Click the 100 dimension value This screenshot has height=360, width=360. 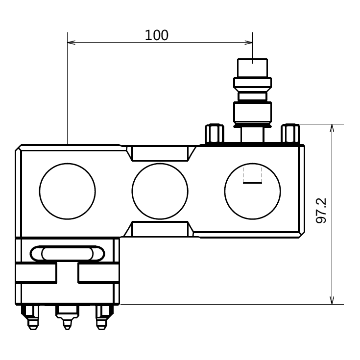pos(157,35)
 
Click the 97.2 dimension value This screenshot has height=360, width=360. pos(321,211)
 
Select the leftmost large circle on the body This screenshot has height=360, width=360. pos(67,191)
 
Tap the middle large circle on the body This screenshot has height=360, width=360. pos(160,191)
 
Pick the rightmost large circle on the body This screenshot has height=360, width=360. pos(253,191)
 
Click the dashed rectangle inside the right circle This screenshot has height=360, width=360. pos(253,175)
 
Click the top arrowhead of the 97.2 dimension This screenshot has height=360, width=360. pos(332,128)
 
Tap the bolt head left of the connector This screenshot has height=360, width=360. pos(215,133)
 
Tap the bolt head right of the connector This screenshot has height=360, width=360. pos(290,133)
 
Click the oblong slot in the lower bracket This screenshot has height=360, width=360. pos(67,253)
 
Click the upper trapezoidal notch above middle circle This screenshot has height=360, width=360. pos(160,153)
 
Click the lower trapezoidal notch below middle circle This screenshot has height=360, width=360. pos(160,229)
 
